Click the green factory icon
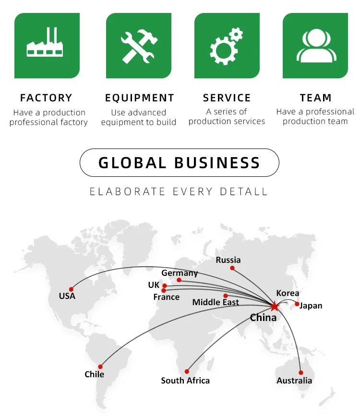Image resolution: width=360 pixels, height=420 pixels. pos(47,46)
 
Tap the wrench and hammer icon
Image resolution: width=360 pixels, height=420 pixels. pos(138,46)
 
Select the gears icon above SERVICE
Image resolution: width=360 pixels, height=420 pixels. pos(227,46)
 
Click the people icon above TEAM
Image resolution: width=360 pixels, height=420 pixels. pos(315,46)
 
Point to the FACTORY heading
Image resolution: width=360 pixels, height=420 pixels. pos(46,98)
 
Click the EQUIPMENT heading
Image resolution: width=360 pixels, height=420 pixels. pos(140,98)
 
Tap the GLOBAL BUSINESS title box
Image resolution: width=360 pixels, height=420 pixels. pos(179,162)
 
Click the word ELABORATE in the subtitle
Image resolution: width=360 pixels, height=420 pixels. pos(120,192)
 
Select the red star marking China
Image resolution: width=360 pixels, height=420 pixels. pos(274,306)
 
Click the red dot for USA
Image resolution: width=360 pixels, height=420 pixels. pos(71,289)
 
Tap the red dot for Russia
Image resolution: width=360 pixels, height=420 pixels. pos(232,268)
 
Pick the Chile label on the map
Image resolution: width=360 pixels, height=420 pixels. pos(94,374)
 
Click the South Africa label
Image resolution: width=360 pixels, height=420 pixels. pos(185,381)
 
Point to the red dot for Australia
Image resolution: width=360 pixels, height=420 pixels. pos(301,372)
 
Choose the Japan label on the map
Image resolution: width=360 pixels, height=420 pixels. pos(311,306)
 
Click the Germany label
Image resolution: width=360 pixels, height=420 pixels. pos(180,273)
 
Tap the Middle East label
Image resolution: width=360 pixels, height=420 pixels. pos(216,302)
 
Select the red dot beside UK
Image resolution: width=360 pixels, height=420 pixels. pos(165,285)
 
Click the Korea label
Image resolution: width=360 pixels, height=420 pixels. pos(288,293)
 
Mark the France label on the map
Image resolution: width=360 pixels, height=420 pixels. pos(167,297)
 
